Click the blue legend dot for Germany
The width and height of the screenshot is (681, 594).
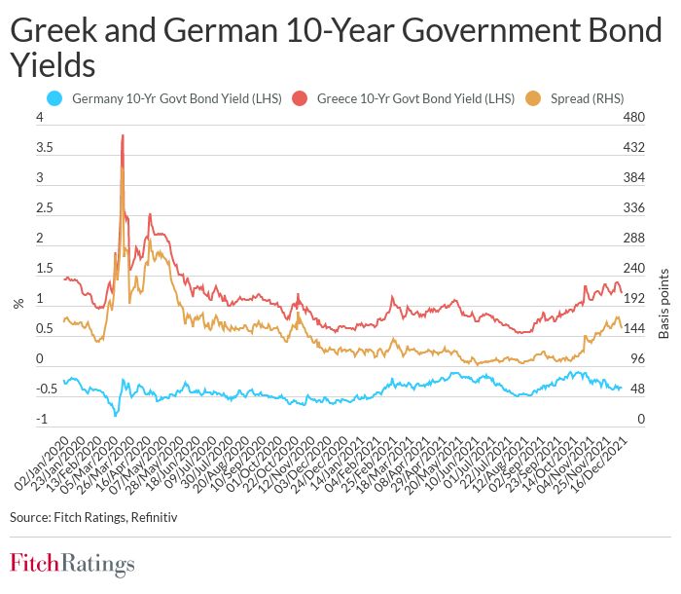[x=55, y=98]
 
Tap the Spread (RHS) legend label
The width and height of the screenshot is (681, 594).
[x=588, y=98]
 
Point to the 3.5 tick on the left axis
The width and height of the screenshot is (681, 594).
[x=44, y=148]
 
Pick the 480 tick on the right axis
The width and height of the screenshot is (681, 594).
[x=633, y=118]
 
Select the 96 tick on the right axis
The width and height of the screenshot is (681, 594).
[x=633, y=359]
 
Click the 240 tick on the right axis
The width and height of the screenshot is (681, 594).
[x=633, y=269]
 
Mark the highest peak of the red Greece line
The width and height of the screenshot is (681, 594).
[x=123, y=136]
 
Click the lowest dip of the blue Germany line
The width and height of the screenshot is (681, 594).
[x=116, y=416]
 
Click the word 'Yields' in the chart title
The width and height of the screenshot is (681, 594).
[x=53, y=64]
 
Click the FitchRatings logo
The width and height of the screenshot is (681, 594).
[x=72, y=563]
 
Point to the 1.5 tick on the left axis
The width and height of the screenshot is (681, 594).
[x=44, y=269]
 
